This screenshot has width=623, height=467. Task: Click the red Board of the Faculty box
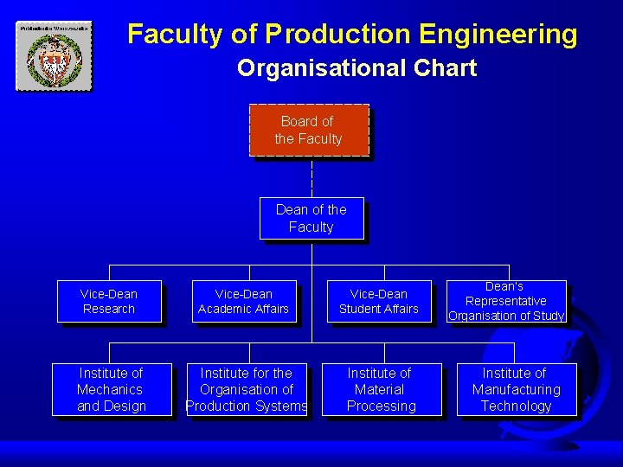309,130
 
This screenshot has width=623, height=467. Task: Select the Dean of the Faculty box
311,218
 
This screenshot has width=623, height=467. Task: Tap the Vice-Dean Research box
109,301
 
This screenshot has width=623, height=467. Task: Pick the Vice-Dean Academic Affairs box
243,301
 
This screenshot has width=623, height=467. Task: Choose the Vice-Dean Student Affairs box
378,301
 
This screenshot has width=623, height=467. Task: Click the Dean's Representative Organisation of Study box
506,301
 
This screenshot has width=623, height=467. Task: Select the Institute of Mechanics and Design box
112,389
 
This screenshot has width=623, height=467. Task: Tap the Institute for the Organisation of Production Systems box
247,389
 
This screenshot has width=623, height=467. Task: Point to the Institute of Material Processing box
381,389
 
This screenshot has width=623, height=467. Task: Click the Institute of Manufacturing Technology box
516,389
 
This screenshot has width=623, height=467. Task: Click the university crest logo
53,56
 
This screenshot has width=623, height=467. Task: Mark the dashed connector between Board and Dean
311,177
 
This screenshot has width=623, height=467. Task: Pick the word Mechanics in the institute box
110,389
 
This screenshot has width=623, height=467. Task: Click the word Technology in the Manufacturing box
516,406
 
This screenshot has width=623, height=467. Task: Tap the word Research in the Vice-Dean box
109,309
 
